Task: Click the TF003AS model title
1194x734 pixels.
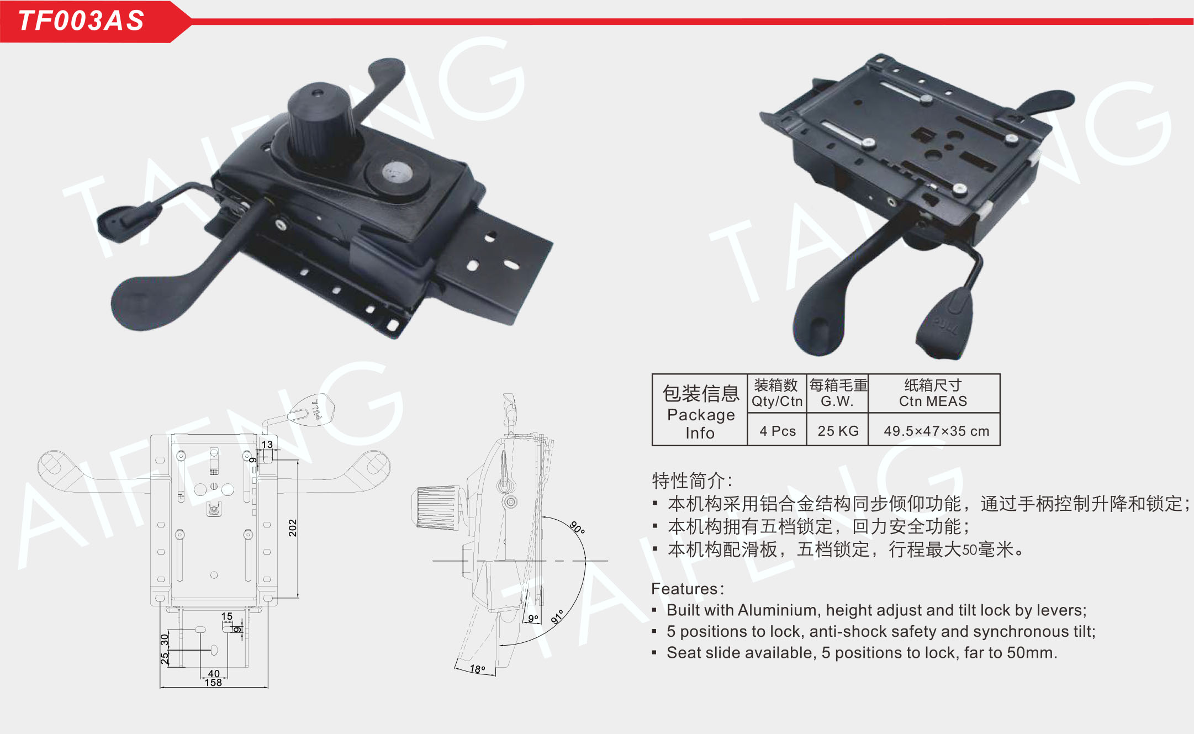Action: click(x=81, y=20)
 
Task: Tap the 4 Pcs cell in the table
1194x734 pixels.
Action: click(x=778, y=431)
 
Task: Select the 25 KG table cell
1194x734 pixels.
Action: click(x=838, y=431)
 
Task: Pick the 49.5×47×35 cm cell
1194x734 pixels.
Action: click(x=936, y=431)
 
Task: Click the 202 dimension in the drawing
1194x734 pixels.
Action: click(x=293, y=528)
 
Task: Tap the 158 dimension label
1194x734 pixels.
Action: click(x=213, y=683)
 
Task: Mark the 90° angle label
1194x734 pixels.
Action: click(x=577, y=527)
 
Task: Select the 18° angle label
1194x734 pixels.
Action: click(x=477, y=669)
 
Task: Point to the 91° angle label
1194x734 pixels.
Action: click(x=558, y=616)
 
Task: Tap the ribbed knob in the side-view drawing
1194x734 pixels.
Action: click(x=436, y=507)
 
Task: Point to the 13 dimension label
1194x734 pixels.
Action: click(x=267, y=444)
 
